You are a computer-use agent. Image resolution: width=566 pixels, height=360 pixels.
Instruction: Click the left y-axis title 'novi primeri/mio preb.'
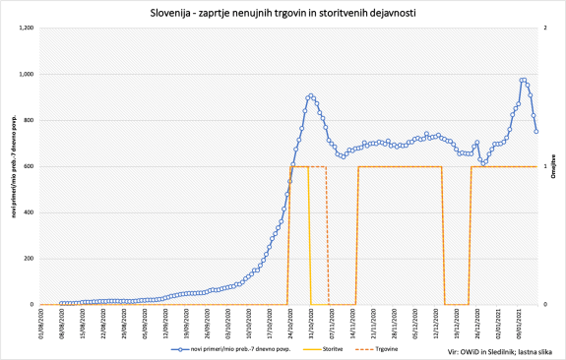click(x=12, y=167)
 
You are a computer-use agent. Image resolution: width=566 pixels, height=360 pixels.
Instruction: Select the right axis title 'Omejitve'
click(x=554, y=167)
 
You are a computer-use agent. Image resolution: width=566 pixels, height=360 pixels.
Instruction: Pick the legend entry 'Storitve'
click(x=340, y=349)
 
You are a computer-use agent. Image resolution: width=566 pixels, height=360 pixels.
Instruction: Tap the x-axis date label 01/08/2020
click(x=41, y=321)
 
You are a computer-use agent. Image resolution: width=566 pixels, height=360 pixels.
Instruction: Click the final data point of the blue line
click(x=536, y=131)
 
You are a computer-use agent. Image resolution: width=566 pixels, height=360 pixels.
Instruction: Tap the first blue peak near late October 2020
click(x=310, y=95)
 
